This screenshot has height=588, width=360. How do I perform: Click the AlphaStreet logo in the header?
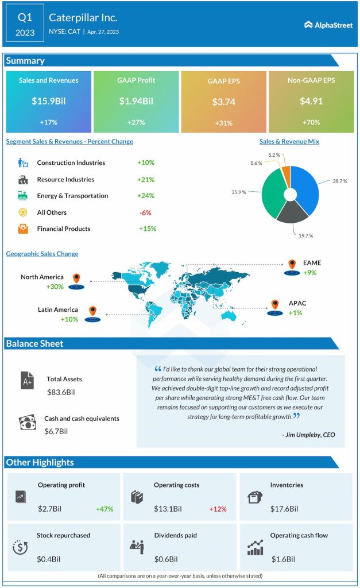328,25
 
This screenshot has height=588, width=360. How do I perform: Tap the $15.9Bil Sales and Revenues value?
48,101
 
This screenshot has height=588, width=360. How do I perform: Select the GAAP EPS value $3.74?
223,102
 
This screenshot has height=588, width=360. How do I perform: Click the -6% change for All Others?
145,212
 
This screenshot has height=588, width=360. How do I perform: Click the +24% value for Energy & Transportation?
146,196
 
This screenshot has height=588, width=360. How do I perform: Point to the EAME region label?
312,263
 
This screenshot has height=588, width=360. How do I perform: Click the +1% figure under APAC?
295,313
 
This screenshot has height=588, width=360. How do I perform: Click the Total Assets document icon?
28,380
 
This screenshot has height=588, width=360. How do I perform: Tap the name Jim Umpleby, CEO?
308,435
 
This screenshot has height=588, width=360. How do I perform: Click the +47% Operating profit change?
104,509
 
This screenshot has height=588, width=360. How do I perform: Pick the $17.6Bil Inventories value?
284,509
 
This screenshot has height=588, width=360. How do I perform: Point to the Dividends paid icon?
136,547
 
